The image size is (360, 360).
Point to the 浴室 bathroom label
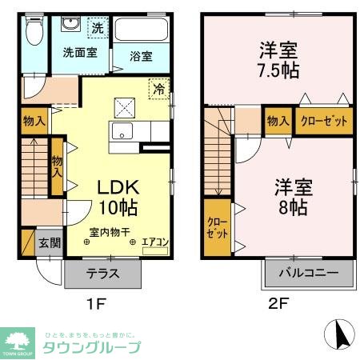click(x=141, y=57)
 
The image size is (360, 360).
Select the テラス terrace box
click(x=103, y=273)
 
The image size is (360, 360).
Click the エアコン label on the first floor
click(x=154, y=240)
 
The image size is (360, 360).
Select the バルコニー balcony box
click(x=308, y=273)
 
